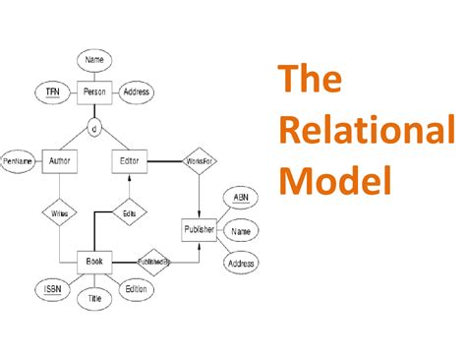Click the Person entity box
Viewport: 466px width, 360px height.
95,92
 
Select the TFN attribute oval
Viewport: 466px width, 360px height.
52,92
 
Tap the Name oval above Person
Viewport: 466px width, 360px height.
94,60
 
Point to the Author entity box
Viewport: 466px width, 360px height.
59,160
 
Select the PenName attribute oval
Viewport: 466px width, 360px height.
18,160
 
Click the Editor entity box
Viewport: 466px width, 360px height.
130,160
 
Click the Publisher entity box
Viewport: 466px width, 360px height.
200,230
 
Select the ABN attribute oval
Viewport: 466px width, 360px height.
241,198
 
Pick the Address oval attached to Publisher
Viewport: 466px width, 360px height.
241,264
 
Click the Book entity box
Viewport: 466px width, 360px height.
94,262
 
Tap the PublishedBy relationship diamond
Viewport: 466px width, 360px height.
153,262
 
